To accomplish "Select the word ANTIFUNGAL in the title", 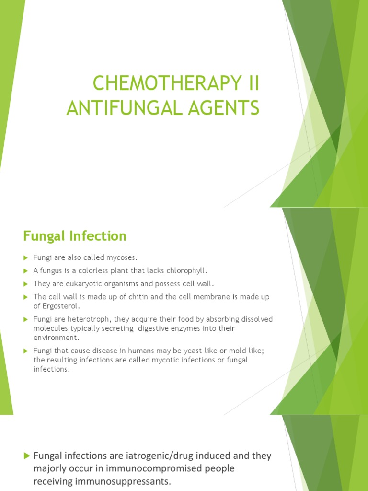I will coord(122,108).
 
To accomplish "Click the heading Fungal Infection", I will coord(75,236).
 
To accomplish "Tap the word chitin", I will coord(129,297).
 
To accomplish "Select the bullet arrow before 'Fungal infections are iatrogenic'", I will coord(27,456).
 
